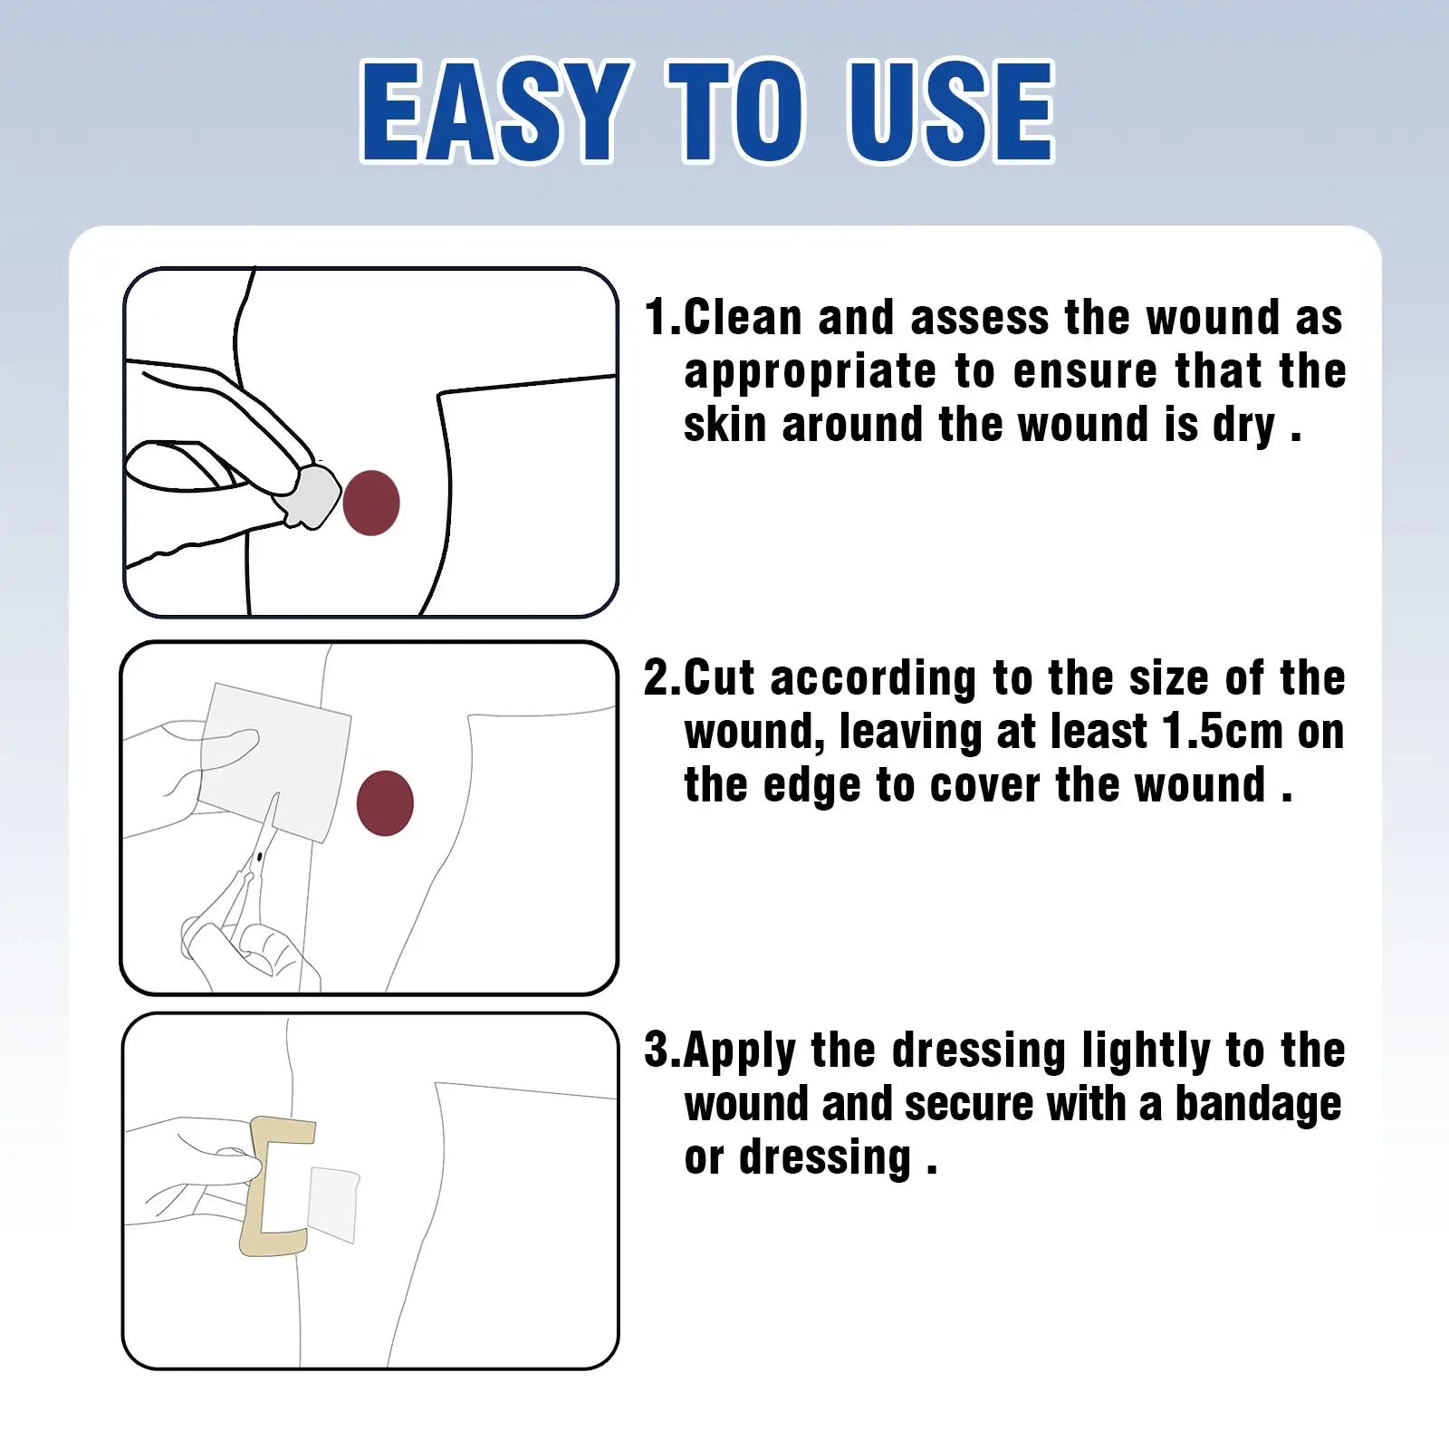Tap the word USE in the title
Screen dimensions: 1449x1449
[x=950, y=112]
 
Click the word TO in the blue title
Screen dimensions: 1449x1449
[x=735, y=112]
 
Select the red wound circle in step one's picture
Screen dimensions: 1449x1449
[x=371, y=503]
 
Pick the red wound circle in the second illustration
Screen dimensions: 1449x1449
[x=385, y=802]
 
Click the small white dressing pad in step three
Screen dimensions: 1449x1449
[x=333, y=1204]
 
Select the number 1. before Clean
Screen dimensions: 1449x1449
[x=662, y=318]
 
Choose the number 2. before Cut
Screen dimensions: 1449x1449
[x=662, y=678]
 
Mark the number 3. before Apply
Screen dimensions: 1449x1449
[x=662, y=1051]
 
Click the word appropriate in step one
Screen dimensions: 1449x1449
[x=810, y=373]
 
